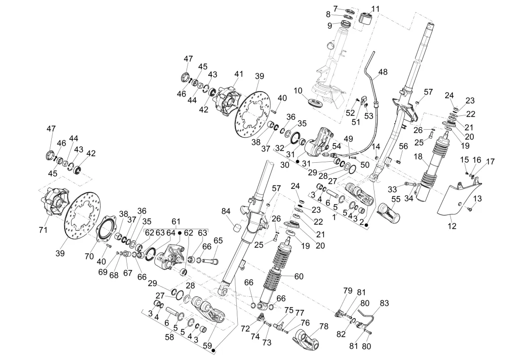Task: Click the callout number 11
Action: pos(376,9)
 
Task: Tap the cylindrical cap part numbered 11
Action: pos(366,19)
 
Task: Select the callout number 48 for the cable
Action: pos(383,72)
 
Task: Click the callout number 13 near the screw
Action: pos(477,198)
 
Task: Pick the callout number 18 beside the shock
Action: pos(418,157)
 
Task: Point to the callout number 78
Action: pos(324,326)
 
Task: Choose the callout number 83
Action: pos(384,303)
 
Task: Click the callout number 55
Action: pos(396,199)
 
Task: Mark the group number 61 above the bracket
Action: pos(176,221)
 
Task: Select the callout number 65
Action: pos(218,241)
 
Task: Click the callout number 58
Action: pos(169,336)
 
